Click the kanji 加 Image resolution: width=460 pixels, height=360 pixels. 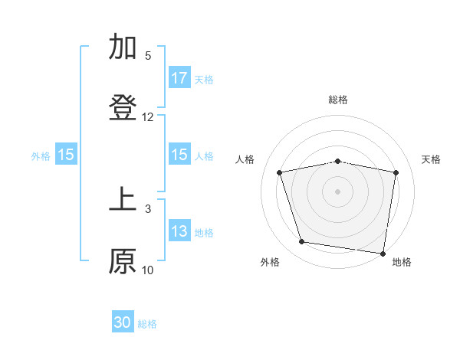(x=123, y=47)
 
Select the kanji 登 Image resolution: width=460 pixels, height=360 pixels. (x=123, y=108)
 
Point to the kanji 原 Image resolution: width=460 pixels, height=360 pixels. (x=123, y=261)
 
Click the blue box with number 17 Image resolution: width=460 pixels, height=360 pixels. (x=179, y=78)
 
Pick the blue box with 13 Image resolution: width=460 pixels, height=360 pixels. (x=179, y=232)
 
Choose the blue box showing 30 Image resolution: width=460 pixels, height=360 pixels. (x=123, y=322)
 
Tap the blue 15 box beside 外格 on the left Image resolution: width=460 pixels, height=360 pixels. (x=66, y=155)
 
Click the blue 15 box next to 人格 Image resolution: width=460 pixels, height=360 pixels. (x=179, y=155)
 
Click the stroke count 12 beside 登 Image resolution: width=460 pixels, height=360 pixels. (x=148, y=117)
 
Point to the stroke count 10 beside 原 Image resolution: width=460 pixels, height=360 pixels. (x=148, y=270)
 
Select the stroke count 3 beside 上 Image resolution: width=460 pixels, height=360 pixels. (x=148, y=208)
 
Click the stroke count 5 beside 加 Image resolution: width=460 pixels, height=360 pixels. (x=148, y=56)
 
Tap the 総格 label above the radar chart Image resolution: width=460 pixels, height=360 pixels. (x=338, y=100)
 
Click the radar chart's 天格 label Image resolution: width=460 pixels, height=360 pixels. (x=432, y=159)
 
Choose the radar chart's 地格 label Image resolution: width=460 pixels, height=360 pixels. (x=402, y=263)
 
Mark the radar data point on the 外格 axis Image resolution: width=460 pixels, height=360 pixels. (x=302, y=242)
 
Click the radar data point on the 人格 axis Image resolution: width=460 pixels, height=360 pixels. (x=280, y=172)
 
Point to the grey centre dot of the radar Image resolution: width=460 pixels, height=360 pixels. (x=338, y=191)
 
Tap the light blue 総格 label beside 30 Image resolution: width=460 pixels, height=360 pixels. (x=147, y=324)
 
